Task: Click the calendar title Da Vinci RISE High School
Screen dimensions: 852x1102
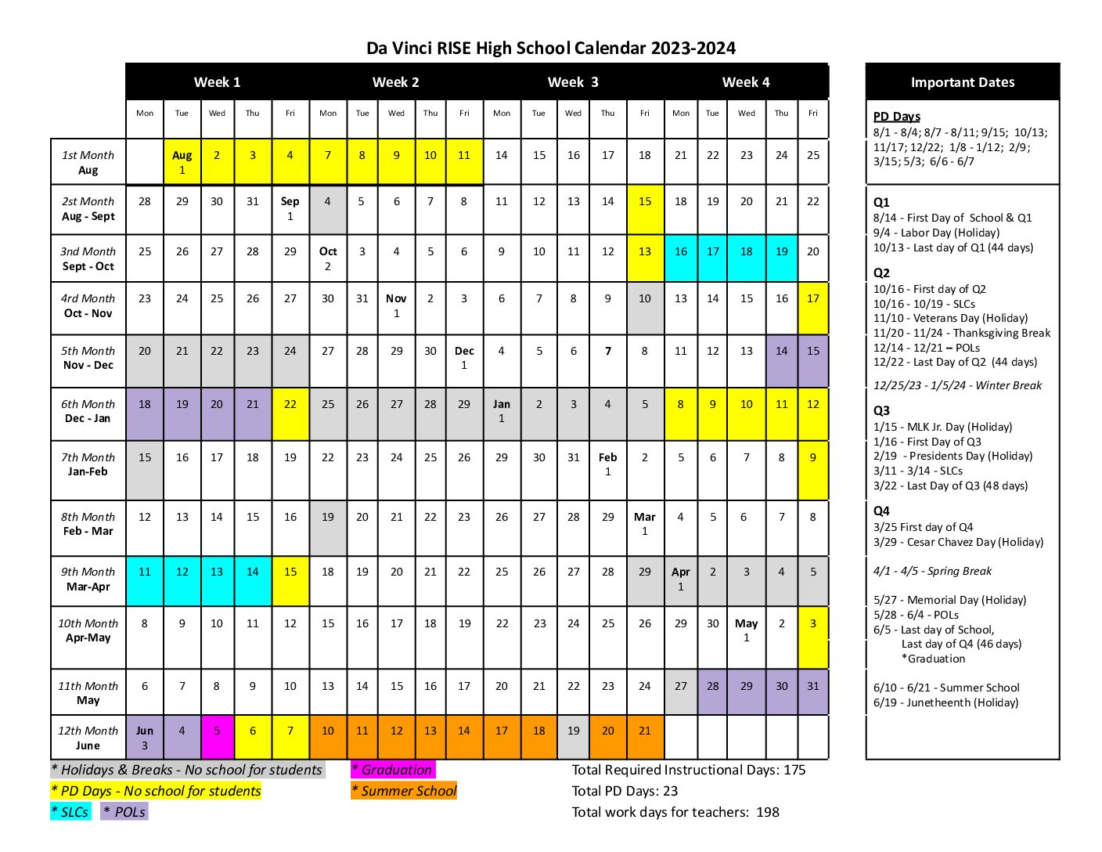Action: (550, 49)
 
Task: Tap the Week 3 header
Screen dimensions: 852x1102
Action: (572, 82)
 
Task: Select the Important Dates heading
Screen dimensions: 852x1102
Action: (962, 82)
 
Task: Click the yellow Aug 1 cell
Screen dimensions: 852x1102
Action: (182, 162)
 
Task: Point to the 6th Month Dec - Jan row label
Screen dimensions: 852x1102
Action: (88, 411)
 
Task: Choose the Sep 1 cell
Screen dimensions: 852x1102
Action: (290, 208)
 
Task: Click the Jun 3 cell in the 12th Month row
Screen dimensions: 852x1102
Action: (145, 737)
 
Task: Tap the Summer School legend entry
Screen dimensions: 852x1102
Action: (404, 791)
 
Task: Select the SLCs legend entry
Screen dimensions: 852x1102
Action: (70, 812)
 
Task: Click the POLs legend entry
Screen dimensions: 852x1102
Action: (124, 812)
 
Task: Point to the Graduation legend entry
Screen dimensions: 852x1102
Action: (392, 770)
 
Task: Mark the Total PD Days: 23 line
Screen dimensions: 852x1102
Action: (625, 791)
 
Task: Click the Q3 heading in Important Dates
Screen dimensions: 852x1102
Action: (881, 410)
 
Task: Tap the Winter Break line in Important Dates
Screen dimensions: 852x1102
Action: (957, 385)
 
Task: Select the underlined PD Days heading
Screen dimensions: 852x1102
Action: (897, 117)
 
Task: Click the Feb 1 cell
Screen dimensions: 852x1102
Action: (607, 464)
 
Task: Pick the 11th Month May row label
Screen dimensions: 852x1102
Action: (88, 692)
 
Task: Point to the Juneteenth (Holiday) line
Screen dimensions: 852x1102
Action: (945, 702)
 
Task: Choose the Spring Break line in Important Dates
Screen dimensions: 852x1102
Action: (932, 571)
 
